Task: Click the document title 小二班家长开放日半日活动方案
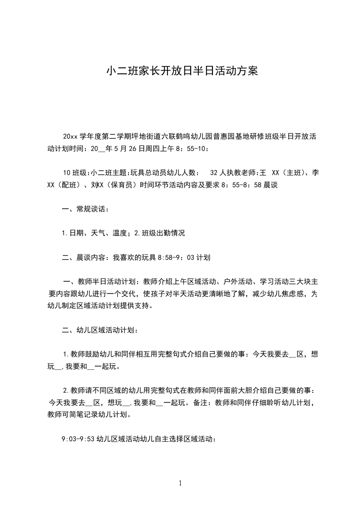[x=182, y=71]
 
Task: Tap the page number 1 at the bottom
[x=180, y=483]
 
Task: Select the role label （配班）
[x=70, y=185]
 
